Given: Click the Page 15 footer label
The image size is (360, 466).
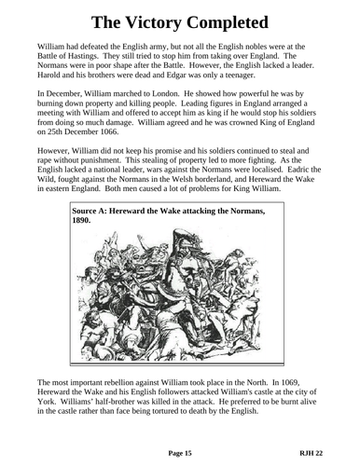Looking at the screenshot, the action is tap(179, 450).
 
